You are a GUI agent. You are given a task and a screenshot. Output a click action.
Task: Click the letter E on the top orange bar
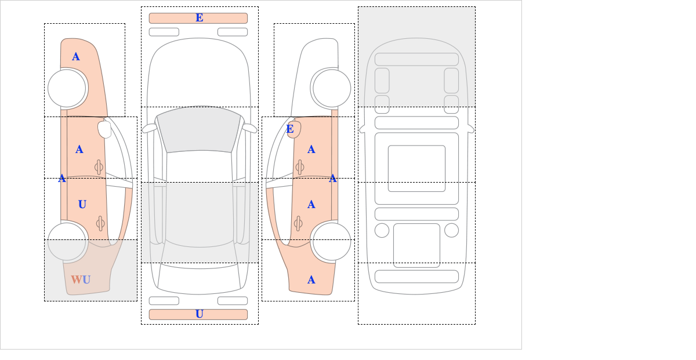(x=200, y=18)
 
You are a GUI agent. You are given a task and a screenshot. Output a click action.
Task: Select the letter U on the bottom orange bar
(x=200, y=314)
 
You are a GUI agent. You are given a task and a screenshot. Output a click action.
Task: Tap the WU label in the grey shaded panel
(x=81, y=279)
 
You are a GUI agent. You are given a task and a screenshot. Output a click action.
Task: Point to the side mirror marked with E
(x=294, y=129)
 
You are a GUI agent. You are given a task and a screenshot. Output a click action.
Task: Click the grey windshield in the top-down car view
(x=199, y=130)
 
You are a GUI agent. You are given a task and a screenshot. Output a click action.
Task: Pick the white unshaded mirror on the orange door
(x=104, y=129)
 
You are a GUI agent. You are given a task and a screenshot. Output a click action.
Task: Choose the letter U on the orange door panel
(x=82, y=205)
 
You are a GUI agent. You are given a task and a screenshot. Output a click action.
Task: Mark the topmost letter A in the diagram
(x=76, y=57)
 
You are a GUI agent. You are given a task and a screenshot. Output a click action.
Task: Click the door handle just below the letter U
(x=100, y=223)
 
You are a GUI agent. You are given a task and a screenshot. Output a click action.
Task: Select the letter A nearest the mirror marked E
(x=311, y=150)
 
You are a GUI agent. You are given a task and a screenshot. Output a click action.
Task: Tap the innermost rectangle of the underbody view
(x=416, y=168)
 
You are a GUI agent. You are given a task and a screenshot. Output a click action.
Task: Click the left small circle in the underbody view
(x=382, y=231)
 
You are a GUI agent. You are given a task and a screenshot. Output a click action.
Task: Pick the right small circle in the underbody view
(x=451, y=231)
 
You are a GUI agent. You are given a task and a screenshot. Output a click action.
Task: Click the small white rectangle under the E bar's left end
(x=164, y=32)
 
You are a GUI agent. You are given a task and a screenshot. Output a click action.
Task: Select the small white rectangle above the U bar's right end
(x=233, y=301)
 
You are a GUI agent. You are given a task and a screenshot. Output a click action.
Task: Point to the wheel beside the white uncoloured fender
(x=332, y=88)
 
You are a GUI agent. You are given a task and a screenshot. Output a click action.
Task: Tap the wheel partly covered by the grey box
(x=67, y=241)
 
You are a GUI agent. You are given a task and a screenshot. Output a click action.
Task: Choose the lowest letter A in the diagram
(x=311, y=280)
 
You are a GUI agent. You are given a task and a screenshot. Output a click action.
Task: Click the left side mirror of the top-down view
(x=150, y=128)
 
